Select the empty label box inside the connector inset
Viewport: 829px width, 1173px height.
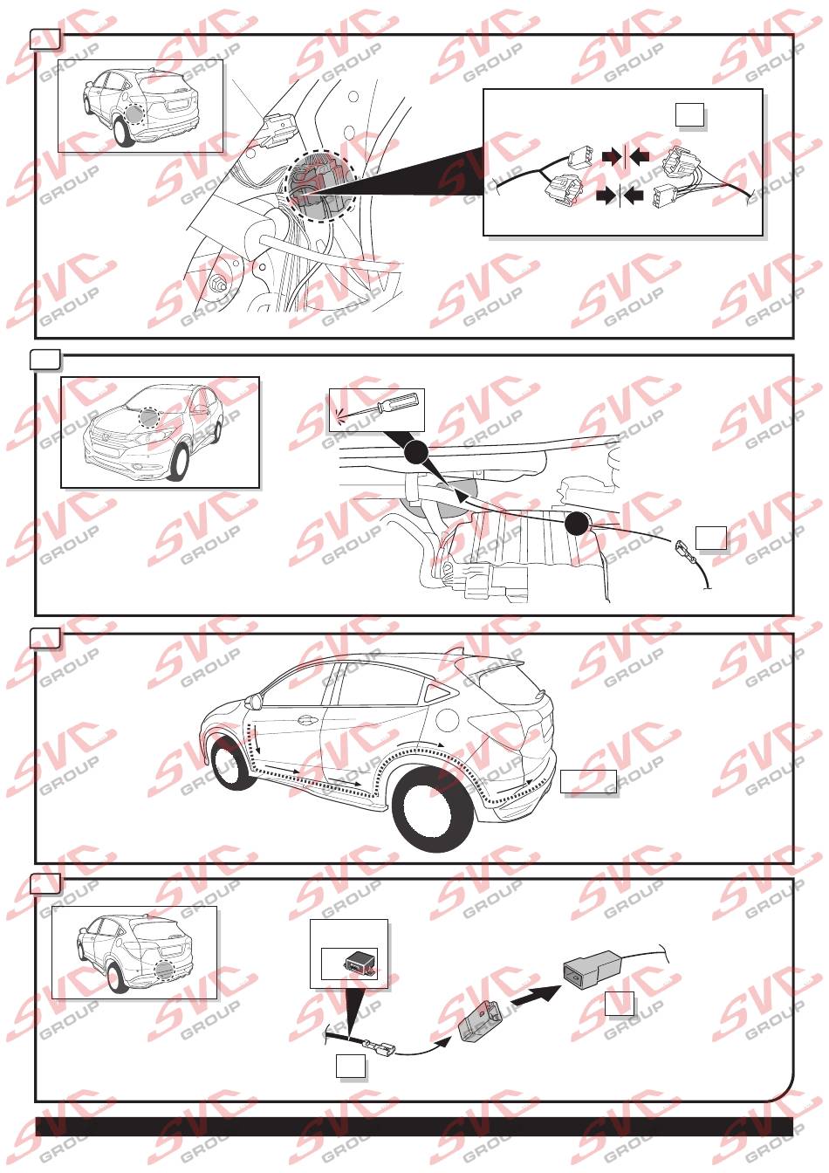pyautogui.click(x=689, y=115)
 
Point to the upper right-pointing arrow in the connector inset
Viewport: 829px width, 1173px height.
pyautogui.click(x=611, y=155)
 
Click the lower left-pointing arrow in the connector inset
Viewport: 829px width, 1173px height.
pyautogui.click(x=634, y=196)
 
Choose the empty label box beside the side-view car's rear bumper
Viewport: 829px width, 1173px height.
pyautogui.click(x=588, y=781)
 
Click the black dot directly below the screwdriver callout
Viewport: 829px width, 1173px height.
pyautogui.click(x=414, y=453)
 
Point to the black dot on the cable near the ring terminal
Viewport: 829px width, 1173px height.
pyautogui.click(x=577, y=523)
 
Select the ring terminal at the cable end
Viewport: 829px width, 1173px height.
pyautogui.click(x=684, y=549)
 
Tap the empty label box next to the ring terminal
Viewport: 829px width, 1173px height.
pyautogui.click(x=710, y=538)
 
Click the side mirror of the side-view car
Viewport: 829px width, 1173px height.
pyautogui.click(x=257, y=701)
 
